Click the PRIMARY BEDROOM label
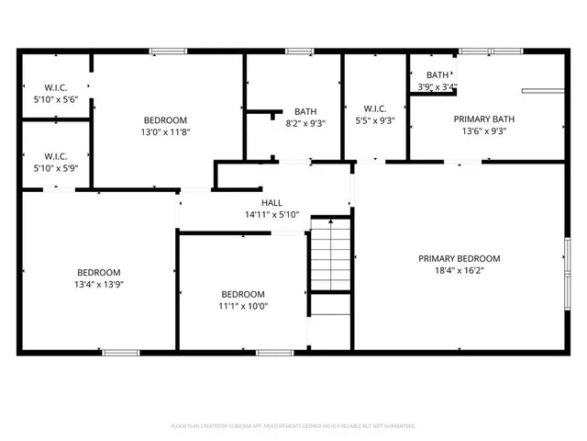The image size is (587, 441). [x=460, y=258]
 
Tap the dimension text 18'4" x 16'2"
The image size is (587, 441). [x=460, y=272]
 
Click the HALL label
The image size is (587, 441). [x=271, y=202]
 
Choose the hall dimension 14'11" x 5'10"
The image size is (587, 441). [x=271, y=215]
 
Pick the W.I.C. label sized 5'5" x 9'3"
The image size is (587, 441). [x=374, y=107]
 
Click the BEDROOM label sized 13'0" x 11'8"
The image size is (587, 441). [x=166, y=120]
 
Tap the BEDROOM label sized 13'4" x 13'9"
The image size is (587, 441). [x=98, y=272]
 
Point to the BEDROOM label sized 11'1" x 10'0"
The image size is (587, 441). [x=243, y=294]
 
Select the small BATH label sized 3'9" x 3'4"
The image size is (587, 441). [x=437, y=75]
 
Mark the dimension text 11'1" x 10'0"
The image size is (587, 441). [x=243, y=306]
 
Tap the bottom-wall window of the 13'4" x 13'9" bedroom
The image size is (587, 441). [x=120, y=352]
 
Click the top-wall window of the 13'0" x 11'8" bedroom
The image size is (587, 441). [x=168, y=51]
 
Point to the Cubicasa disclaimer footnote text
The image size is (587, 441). [x=293, y=426]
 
